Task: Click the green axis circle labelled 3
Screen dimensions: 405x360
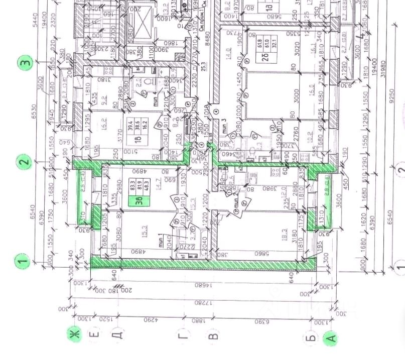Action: (x=26, y=63)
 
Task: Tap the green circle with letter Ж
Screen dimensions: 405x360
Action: (x=76, y=334)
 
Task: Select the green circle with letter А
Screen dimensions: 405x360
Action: (x=330, y=339)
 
